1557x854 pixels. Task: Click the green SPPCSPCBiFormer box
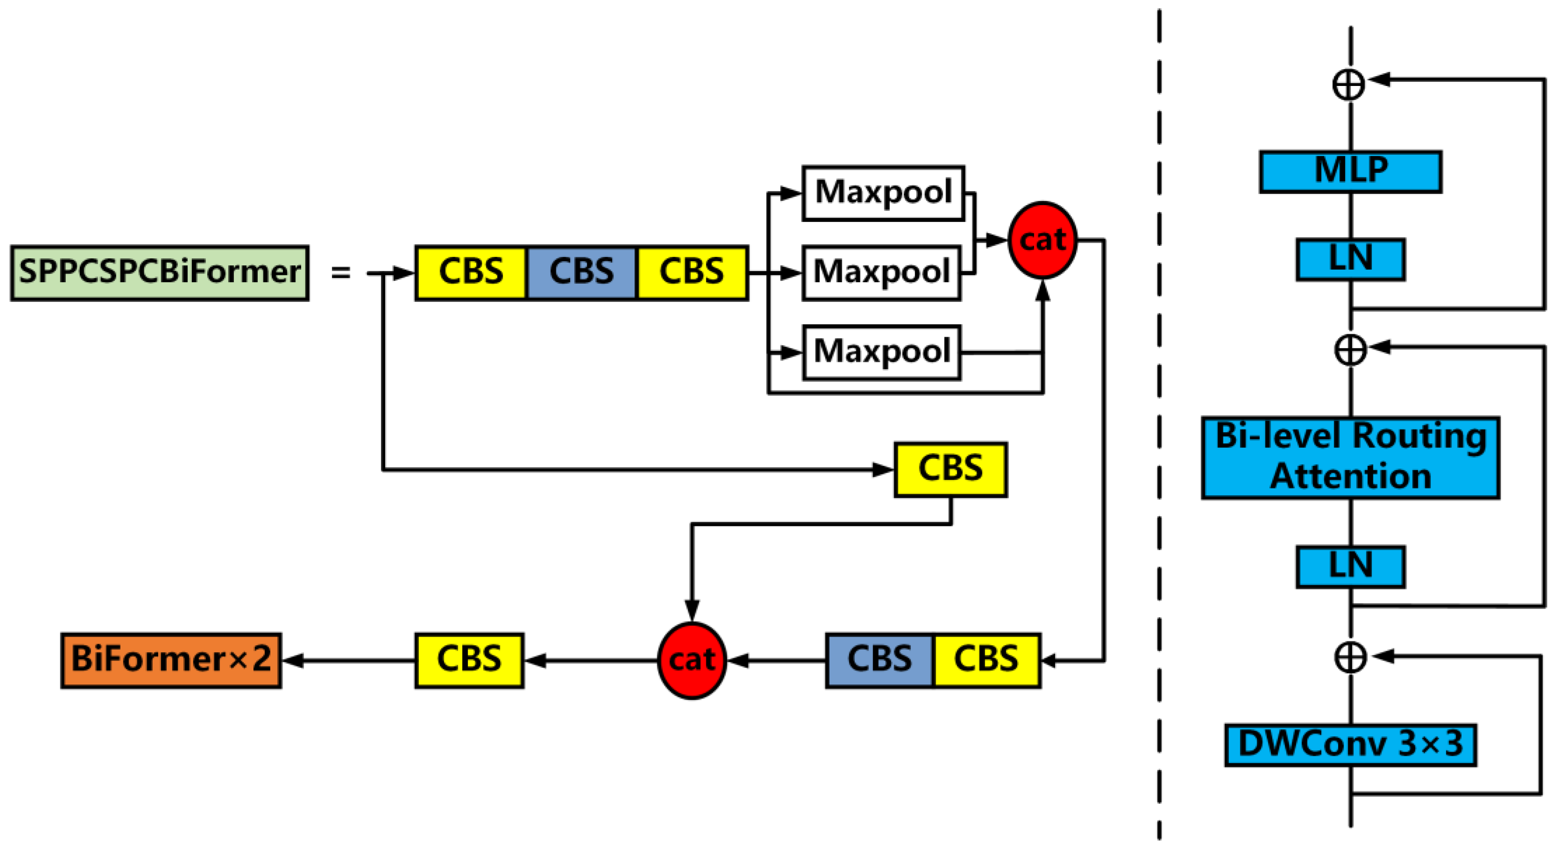coord(160,273)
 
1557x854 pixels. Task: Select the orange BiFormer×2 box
coord(171,661)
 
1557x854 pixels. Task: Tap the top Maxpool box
coord(882,193)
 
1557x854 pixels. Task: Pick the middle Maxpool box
coord(881,273)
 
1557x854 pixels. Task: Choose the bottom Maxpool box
coord(881,353)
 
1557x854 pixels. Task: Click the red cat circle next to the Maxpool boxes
coord(1042,240)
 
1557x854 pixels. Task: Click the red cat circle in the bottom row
coord(691,661)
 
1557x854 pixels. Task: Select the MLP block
coord(1350,172)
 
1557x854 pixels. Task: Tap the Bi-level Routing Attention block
coord(1350,458)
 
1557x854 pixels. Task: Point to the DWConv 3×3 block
coord(1350,745)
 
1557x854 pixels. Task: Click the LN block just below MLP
coord(1350,259)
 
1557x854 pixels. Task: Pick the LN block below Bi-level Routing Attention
coord(1350,567)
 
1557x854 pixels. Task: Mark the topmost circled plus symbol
coord(1348,84)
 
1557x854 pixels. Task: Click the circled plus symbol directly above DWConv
coord(1350,657)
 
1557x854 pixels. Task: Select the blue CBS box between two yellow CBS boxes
coord(581,273)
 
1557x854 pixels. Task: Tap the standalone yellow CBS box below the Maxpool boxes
coord(950,470)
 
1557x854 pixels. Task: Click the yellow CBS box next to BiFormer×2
coord(469,661)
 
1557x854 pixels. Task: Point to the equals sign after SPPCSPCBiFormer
coord(340,273)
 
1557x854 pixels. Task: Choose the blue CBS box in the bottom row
coord(880,661)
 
